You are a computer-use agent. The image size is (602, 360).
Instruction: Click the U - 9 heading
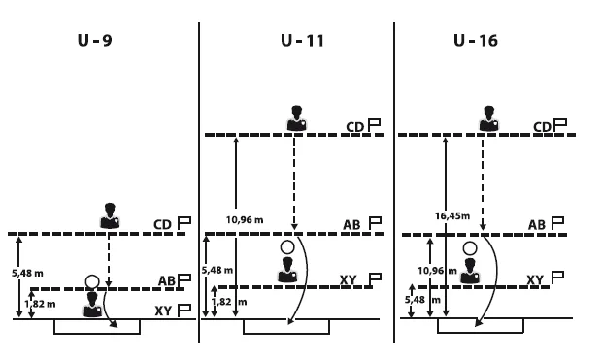point(94,41)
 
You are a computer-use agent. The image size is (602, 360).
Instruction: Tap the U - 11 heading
point(303,41)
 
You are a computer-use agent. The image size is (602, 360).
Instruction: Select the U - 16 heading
point(476,41)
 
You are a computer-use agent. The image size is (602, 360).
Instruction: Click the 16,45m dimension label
point(452,216)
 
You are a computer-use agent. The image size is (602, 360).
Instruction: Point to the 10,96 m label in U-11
point(245,220)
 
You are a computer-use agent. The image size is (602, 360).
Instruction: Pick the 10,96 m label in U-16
point(437,271)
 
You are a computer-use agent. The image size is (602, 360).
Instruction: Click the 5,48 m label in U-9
point(27,274)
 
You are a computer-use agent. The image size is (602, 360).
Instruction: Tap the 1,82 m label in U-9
point(40,304)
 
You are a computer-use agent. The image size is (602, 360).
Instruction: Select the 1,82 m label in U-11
point(229,302)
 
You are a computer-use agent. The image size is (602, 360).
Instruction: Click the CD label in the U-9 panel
point(162,224)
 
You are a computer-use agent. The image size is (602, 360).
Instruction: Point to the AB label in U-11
point(351,224)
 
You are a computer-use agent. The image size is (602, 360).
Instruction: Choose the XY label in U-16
point(535,280)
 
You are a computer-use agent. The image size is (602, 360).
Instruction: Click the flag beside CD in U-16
point(560,125)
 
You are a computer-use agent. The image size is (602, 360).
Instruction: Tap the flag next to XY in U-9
point(184,311)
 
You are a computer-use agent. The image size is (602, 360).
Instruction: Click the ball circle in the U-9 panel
point(92,282)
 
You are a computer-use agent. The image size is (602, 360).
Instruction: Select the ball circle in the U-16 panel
point(470,248)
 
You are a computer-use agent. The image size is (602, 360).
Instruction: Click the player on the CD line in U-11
point(296,118)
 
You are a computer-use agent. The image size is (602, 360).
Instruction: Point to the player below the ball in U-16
point(470,271)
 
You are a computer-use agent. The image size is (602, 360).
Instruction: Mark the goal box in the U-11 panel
point(286,326)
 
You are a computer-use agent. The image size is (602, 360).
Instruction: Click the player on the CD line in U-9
point(110,215)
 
